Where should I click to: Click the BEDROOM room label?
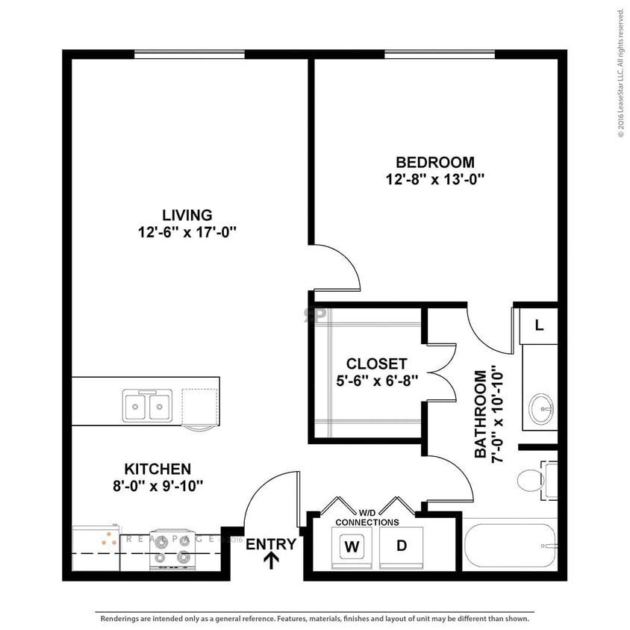(x=435, y=162)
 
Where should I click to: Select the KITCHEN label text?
(x=157, y=469)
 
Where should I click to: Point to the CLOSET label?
(x=376, y=364)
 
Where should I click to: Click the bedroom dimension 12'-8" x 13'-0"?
(x=435, y=179)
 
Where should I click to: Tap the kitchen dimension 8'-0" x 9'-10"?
(x=157, y=486)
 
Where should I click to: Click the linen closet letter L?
(x=539, y=325)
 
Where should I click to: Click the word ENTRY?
(x=271, y=544)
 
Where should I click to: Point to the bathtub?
(x=512, y=546)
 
